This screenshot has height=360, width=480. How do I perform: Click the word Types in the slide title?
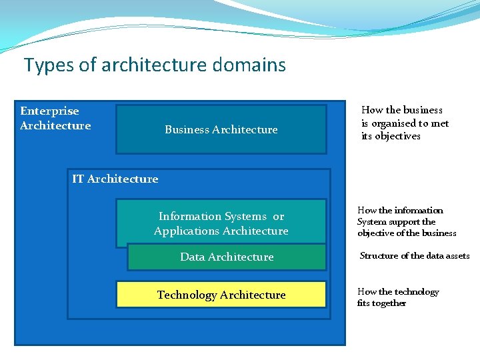click(43, 65)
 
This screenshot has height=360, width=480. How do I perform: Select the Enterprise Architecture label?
click(55, 118)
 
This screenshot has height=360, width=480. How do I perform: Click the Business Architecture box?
click(221, 129)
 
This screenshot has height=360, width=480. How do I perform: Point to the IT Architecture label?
click(115, 179)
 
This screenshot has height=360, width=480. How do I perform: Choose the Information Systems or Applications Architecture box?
click(221, 223)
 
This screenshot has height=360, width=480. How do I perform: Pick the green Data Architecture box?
click(227, 257)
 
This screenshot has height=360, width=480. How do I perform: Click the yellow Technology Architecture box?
click(221, 295)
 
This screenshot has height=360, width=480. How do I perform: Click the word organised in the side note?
click(393, 123)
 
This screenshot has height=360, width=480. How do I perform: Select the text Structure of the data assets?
click(414, 256)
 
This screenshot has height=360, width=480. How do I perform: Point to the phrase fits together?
click(381, 303)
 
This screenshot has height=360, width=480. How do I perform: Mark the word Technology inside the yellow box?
click(187, 295)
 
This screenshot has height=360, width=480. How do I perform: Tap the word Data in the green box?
click(192, 257)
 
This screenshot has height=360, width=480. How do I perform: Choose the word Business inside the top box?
click(187, 129)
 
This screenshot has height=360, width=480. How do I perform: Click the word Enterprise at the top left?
click(49, 111)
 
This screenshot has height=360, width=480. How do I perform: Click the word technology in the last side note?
click(417, 292)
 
